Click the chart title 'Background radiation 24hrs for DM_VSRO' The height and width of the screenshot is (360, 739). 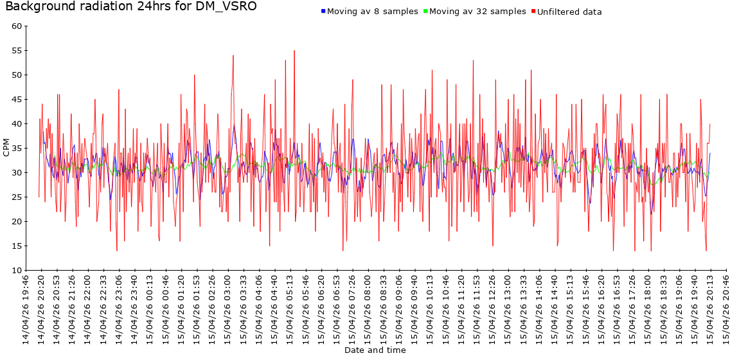[x=131, y=7]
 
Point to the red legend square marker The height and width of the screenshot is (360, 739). [x=533, y=12]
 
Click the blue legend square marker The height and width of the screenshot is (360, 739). [x=323, y=12]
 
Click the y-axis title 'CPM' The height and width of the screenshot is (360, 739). [x=6, y=148]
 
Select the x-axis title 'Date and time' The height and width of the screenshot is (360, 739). [x=375, y=350]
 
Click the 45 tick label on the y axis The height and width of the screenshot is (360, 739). [x=17, y=100]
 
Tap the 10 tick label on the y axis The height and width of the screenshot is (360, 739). [x=17, y=271]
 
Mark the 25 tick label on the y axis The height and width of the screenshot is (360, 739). [x=17, y=197]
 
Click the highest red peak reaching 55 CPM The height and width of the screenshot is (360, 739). [x=294, y=51]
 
